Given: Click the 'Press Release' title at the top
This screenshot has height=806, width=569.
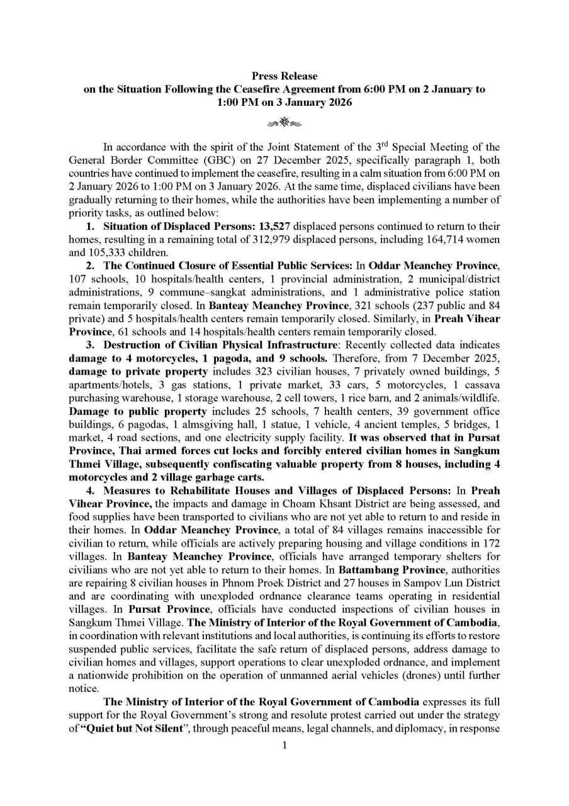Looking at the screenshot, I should [284, 76].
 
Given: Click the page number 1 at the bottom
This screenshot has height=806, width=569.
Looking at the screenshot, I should [284, 746].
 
